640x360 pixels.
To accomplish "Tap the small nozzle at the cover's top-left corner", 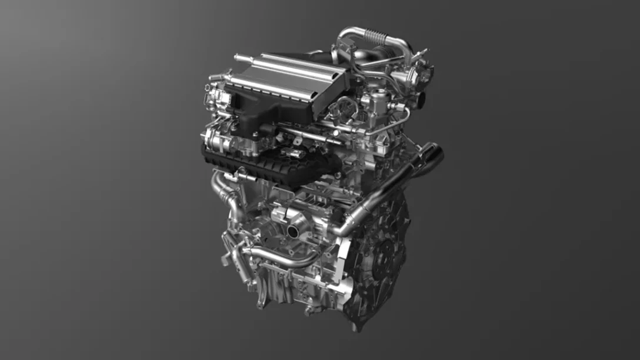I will coord(238,58).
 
